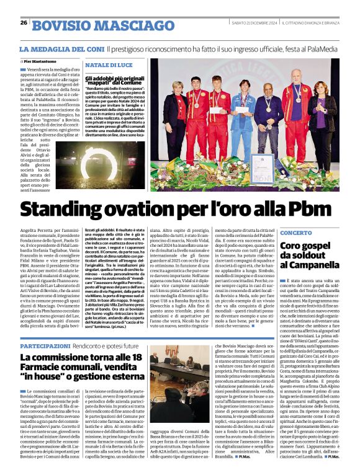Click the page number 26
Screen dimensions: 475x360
[24, 23]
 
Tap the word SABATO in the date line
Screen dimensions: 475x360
[240, 23]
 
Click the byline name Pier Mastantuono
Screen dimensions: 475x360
[40, 61]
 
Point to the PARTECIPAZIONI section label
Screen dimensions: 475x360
[45, 345]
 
